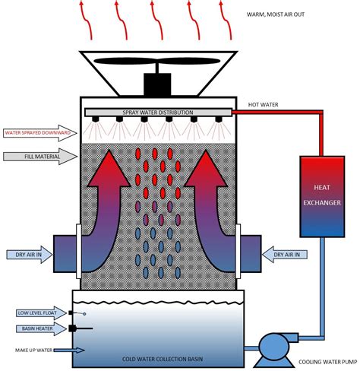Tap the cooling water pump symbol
pyautogui.click(x=273, y=347)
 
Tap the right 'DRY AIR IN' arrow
pyautogui.click(x=286, y=253)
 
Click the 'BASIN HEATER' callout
pyautogui.click(x=36, y=328)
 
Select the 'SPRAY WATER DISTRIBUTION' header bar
pyautogui.click(x=157, y=113)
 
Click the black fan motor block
pyautogui.click(x=157, y=84)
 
